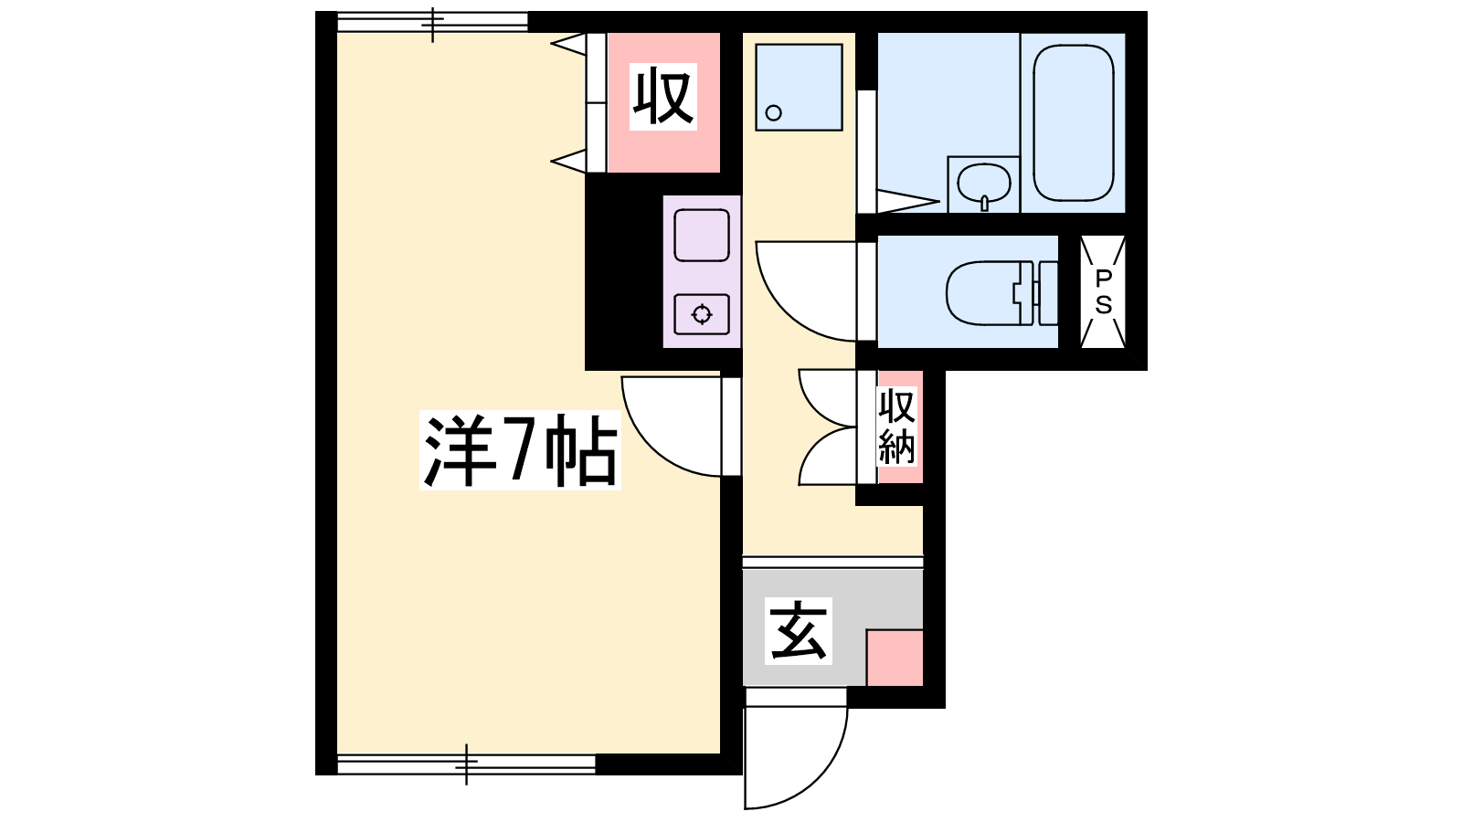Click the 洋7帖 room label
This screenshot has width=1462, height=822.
point(520,449)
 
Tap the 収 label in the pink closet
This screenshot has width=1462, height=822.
point(663,97)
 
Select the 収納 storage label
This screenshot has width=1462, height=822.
point(896,427)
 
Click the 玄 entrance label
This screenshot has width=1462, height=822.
point(799,631)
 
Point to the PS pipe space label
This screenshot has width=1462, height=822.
point(1103,291)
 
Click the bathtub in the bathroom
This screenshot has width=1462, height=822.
point(1074,122)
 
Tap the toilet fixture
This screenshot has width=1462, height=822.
point(1001,293)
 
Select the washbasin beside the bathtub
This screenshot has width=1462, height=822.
point(983,184)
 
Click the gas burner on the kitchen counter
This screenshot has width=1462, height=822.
point(702,314)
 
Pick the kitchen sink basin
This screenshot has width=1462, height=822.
point(702,236)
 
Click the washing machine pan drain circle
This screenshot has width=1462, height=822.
point(773,113)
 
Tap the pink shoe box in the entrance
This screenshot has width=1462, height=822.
point(895,658)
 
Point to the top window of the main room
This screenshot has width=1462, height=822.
point(432,22)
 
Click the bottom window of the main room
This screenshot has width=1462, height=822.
point(466,764)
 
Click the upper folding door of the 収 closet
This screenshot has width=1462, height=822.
point(569,45)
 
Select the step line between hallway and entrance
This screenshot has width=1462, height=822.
point(832,563)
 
